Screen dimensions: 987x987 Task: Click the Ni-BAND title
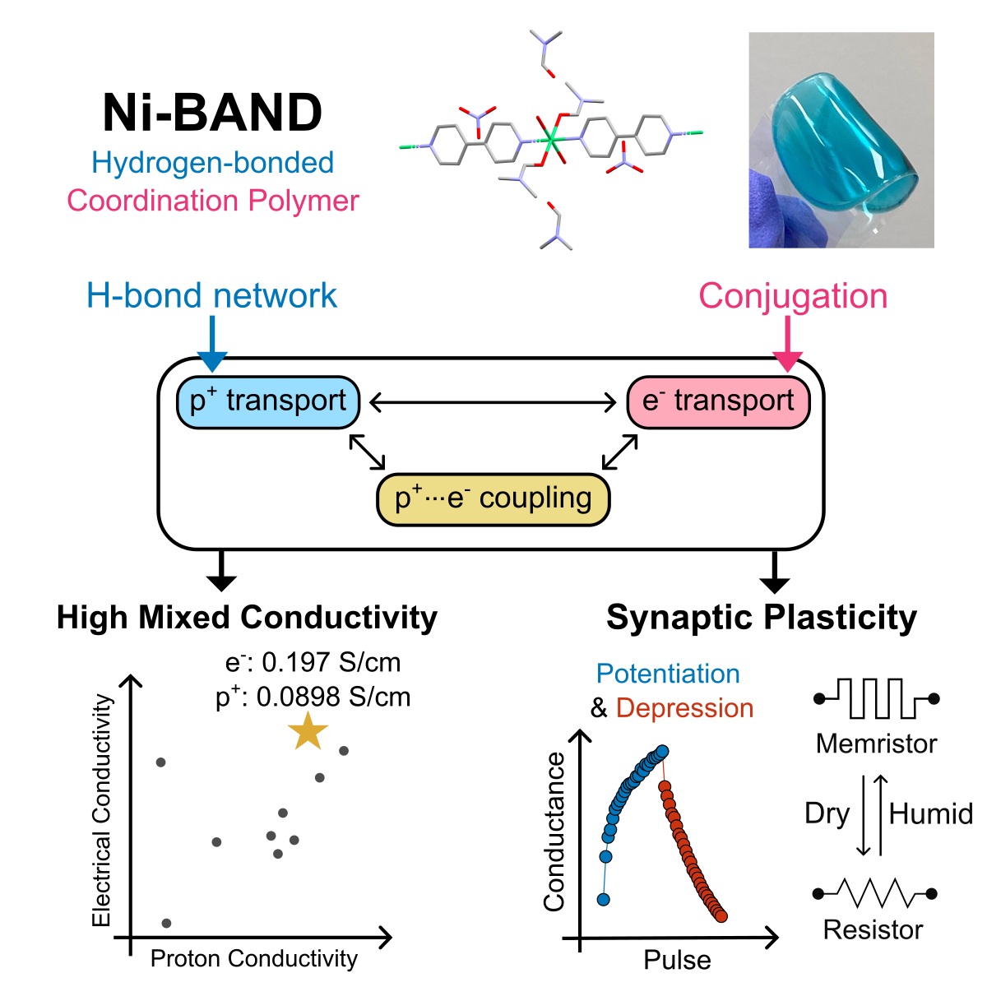click(x=212, y=113)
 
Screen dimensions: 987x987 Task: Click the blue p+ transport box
click(x=268, y=402)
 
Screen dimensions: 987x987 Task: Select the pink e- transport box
click(x=718, y=402)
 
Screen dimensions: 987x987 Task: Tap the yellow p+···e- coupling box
click(x=493, y=499)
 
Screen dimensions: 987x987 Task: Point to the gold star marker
click(x=308, y=731)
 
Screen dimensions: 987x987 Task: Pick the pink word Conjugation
click(x=793, y=297)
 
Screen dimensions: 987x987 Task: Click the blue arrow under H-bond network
click(x=212, y=344)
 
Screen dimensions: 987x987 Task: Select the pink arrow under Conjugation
click(x=787, y=344)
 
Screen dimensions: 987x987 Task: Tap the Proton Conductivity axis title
click(x=254, y=958)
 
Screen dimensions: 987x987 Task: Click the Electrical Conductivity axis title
click(x=101, y=810)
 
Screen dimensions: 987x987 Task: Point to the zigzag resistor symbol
click(x=874, y=894)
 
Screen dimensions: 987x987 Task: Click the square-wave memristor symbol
click(x=876, y=698)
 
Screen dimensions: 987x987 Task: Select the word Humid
click(x=930, y=814)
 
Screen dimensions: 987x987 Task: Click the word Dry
click(x=827, y=815)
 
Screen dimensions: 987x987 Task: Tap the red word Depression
click(x=684, y=709)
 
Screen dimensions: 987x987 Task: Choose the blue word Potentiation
click(x=668, y=674)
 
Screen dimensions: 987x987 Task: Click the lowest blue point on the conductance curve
click(x=604, y=899)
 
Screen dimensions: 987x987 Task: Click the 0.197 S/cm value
click(x=331, y=662)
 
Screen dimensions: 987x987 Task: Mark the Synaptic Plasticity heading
click(x=762, y=619)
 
